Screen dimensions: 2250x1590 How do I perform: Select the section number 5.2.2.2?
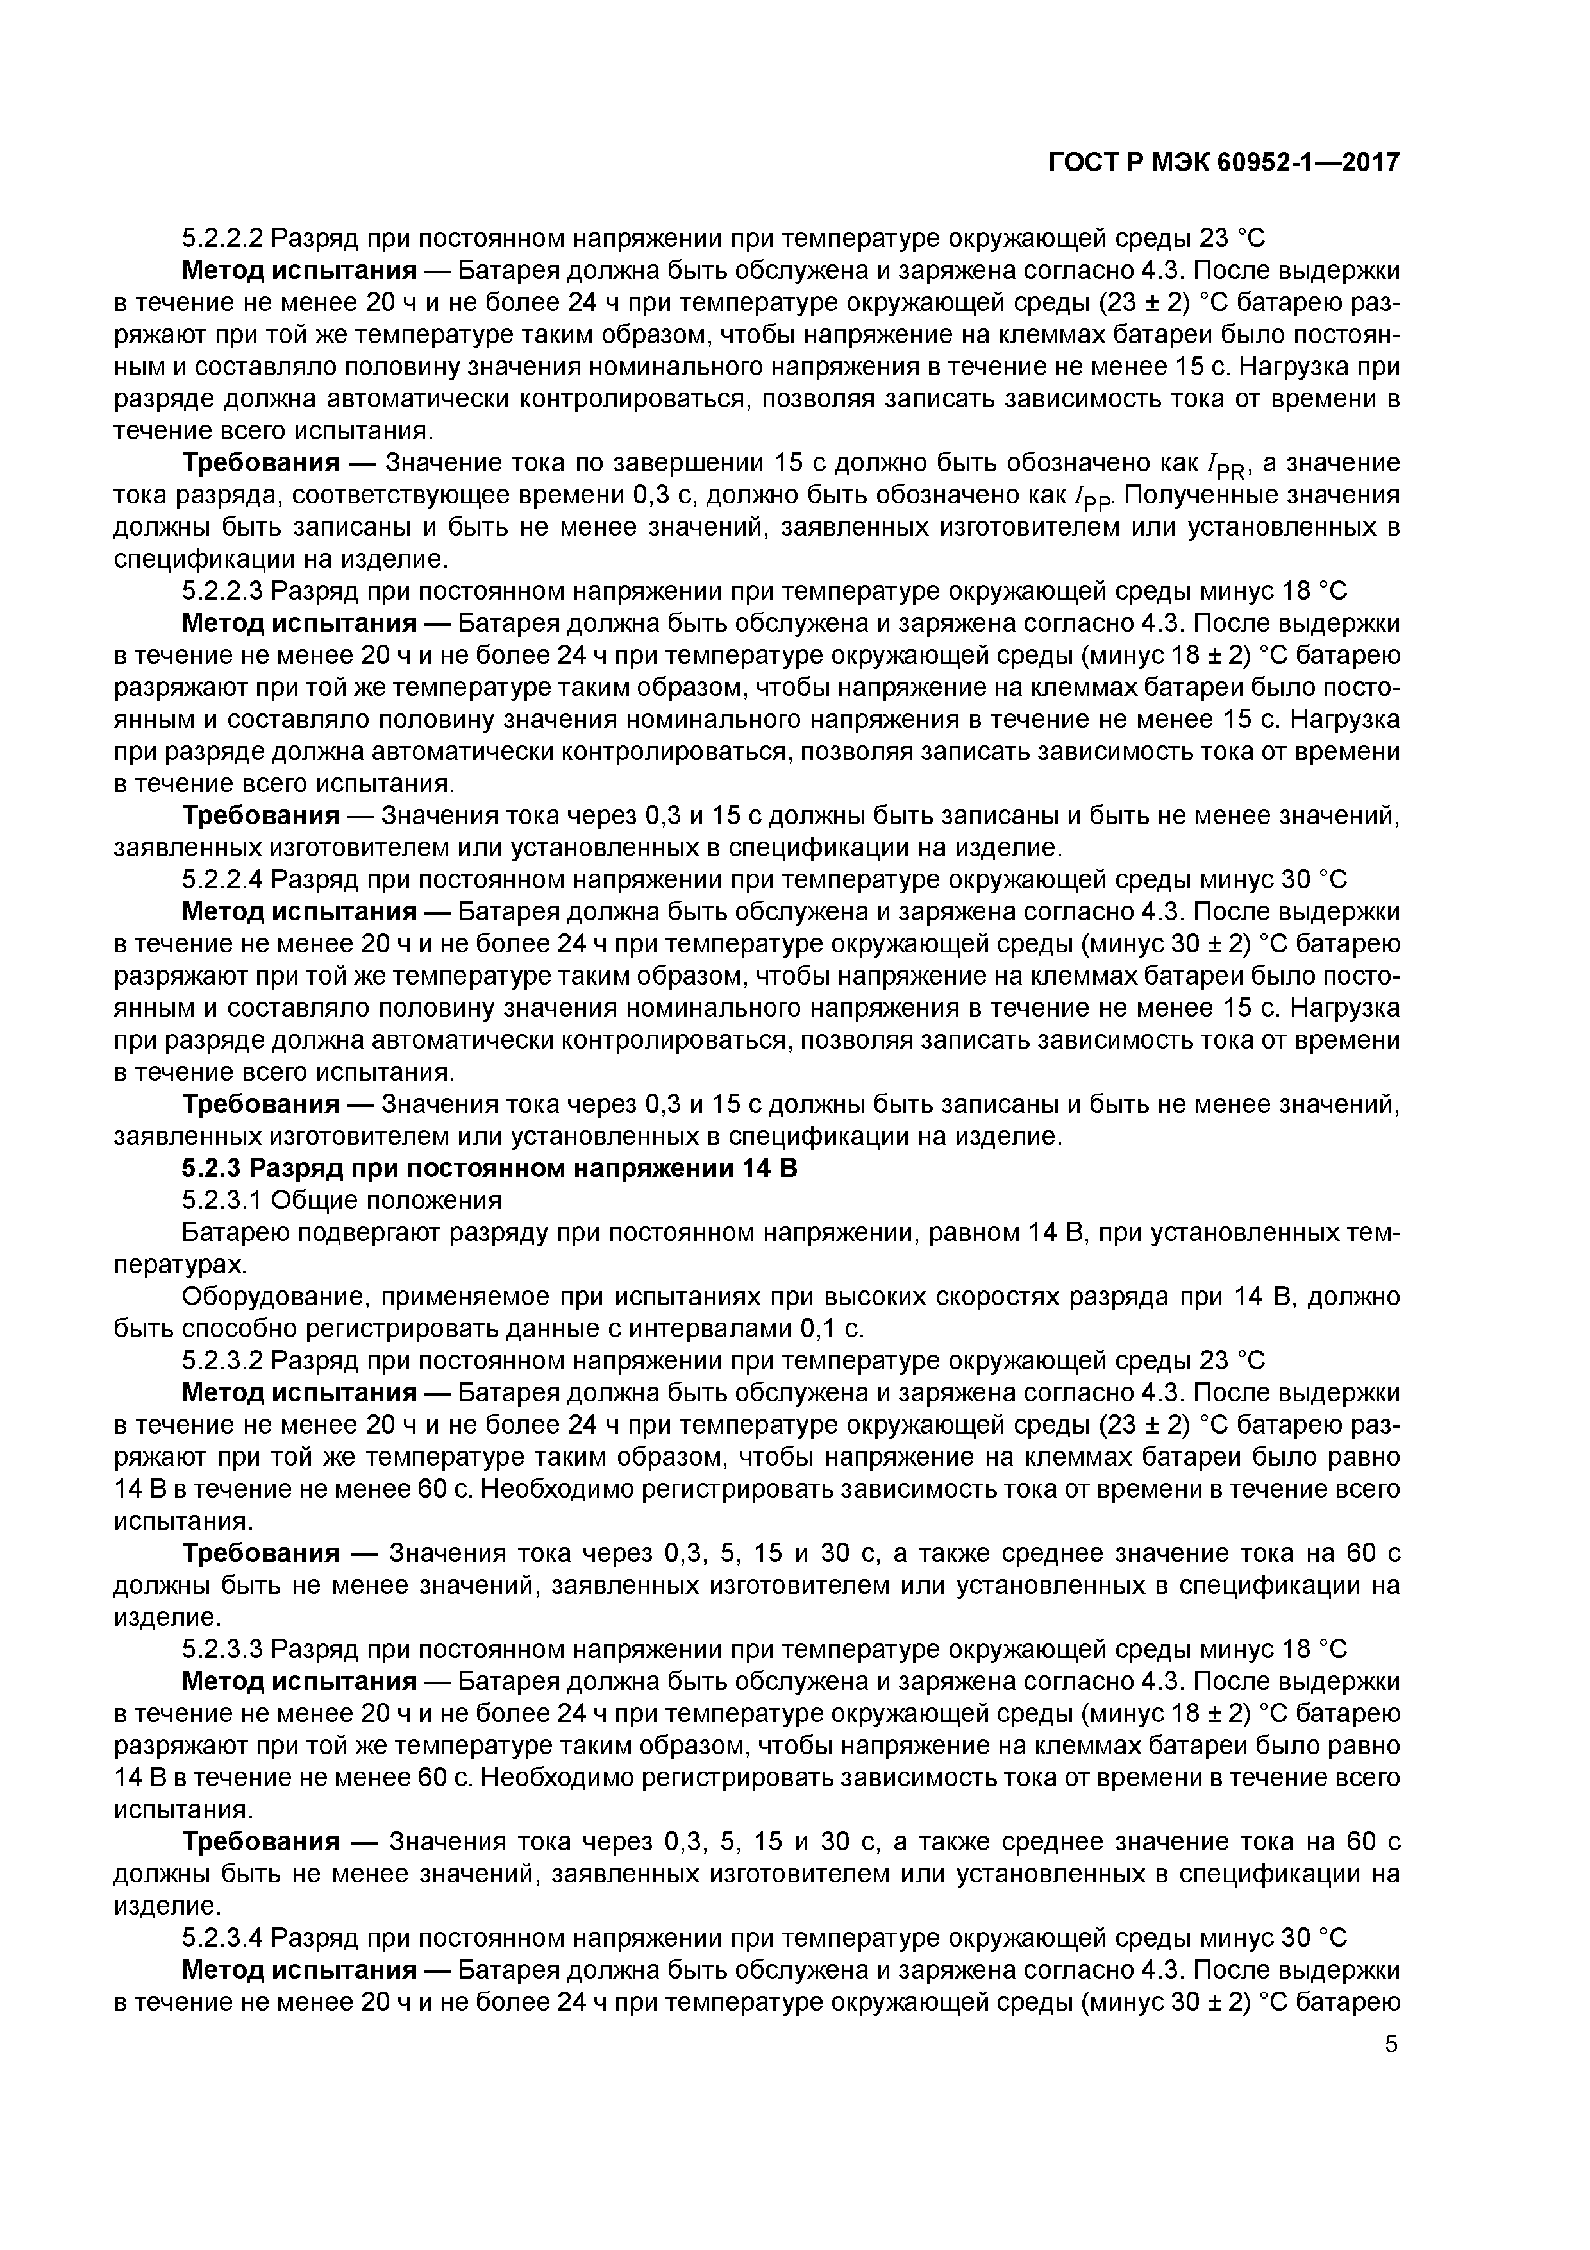click(x=222, y=238)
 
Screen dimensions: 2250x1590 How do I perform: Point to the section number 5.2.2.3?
click(x=222, y=592)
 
